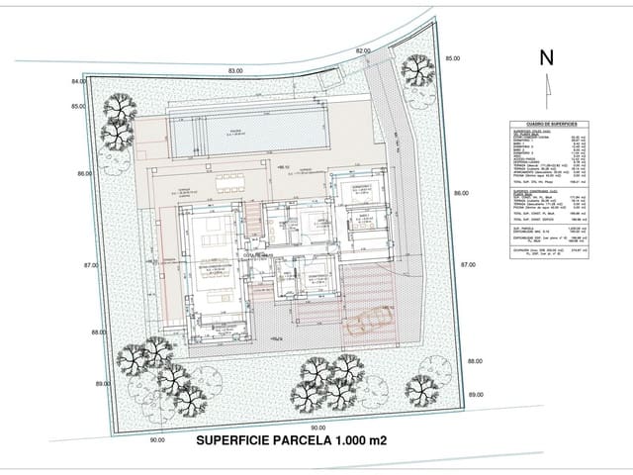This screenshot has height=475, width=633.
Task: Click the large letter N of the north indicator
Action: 546,57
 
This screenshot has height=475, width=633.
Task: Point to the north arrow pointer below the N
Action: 546,87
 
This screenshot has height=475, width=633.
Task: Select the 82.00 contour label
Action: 363,50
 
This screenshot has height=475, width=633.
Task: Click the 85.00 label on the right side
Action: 452,59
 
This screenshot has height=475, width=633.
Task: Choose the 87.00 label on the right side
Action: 468,265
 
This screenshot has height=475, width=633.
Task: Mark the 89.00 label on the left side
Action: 102,382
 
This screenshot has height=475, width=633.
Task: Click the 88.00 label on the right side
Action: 476,361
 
